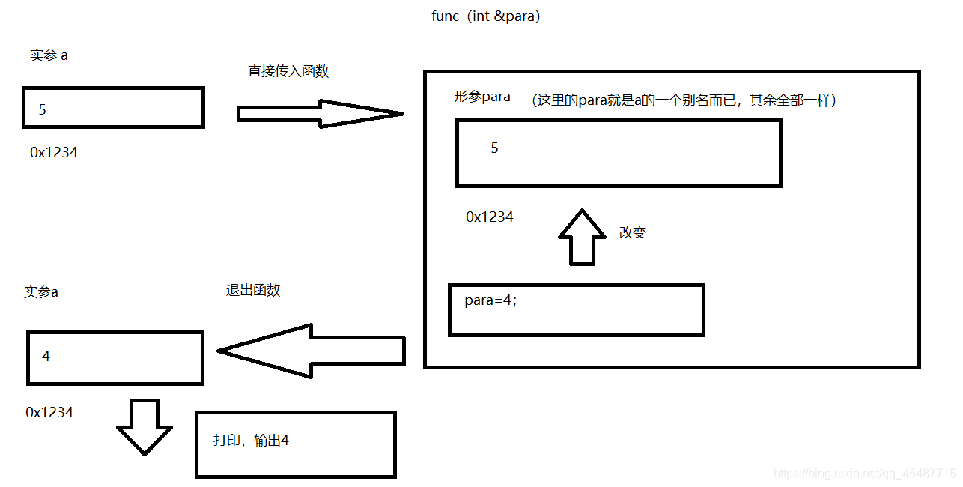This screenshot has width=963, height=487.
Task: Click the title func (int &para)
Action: [x=485, y=16]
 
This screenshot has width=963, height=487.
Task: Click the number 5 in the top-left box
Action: [x=43, y=109]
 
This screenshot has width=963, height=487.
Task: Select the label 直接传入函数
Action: [x=288, y=72]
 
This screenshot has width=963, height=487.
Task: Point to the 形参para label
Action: [x=482, y=97]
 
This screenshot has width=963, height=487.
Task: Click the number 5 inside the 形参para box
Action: [x=494, y=148]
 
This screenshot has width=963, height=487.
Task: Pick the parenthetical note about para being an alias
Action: [x=684, y=100]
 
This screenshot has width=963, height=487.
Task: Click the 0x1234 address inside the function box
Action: [x=490, y=217]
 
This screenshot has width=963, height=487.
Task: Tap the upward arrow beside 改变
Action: [x=582, y=236]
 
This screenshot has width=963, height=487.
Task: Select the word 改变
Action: [x=633, y=232]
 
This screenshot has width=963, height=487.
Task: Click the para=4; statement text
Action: [x=490, y=301]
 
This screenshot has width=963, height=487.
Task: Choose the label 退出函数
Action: [x=253, y=291]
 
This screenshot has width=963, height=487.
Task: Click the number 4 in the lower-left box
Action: [x=46, y=356]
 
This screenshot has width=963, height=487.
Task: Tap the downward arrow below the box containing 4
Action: [x=144, y=426]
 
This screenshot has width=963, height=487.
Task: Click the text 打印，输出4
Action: [x=252, y=441]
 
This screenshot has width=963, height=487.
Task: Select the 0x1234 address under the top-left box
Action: [x=54, y=152]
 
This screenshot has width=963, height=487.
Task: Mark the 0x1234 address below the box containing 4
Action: [x=49, y=412]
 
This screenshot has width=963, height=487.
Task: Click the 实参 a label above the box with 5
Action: [x=49, y=55]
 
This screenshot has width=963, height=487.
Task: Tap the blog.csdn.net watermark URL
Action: [x=864, y=474]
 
